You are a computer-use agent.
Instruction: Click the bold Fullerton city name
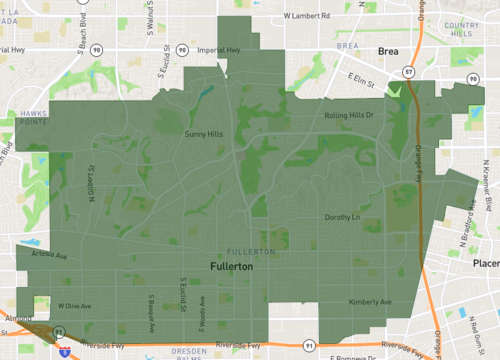point(232,268)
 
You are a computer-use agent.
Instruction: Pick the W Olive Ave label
point(74,306)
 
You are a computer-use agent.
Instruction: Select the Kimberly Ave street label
point(370,302)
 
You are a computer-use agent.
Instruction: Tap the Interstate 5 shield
point(63,352)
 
